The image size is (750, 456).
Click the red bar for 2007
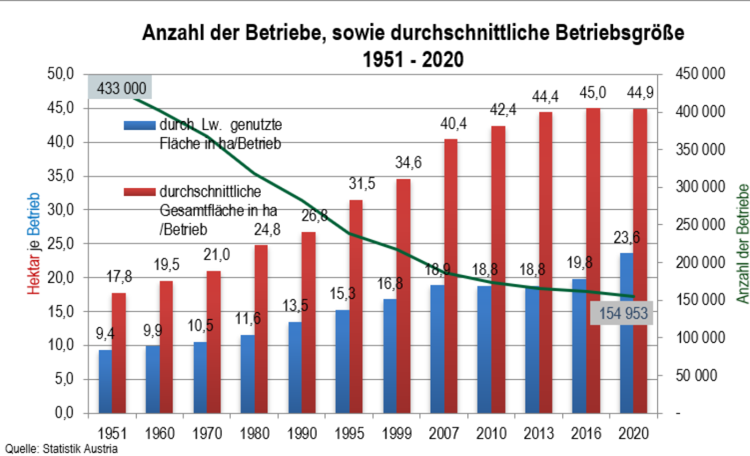(x=451, y=276)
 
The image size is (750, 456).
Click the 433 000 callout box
(x=121, y=87)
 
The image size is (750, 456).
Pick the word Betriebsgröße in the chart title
(x=611, y=34)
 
